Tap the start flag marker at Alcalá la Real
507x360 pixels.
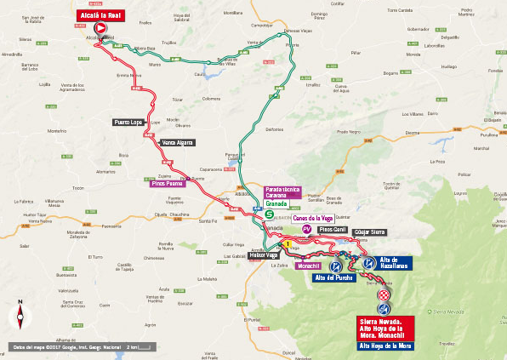click(x=100, y=29)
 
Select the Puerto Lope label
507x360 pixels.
click(x=128, y=123)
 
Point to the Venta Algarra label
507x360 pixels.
click(x=178, y=142)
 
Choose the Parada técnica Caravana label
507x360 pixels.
click(x=283, y=191)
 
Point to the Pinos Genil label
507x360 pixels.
click(x=333, y=230)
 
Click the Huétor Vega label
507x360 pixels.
click(x=264, y=255)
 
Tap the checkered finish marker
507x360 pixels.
click(x=385, y=294)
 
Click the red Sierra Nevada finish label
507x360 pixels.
click(x=385, y=327)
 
